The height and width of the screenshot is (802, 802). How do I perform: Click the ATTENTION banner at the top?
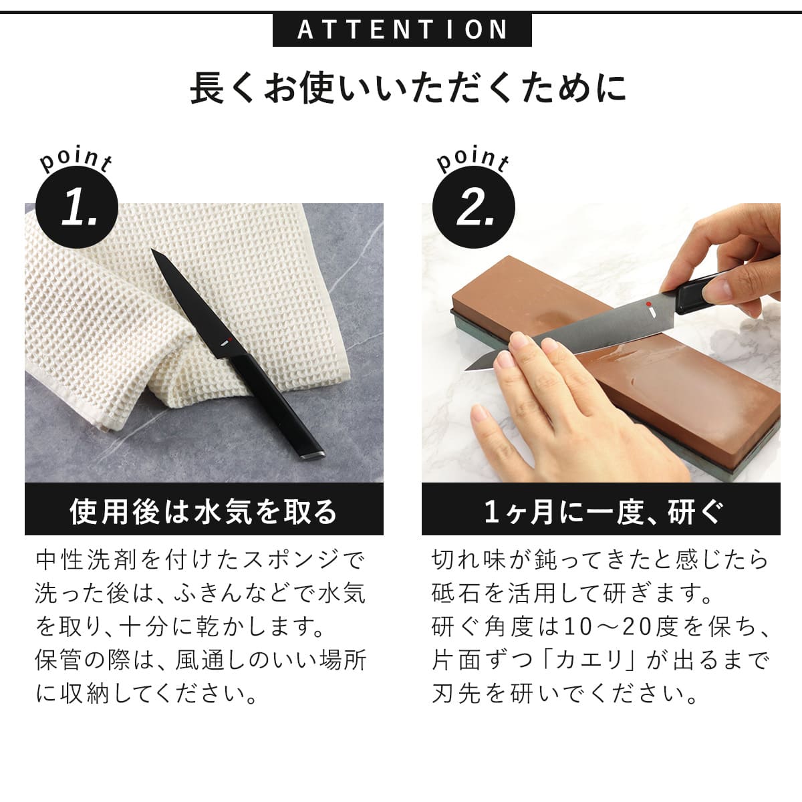click(402, 30)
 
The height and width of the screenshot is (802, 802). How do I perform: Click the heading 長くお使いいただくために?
click(408, 88)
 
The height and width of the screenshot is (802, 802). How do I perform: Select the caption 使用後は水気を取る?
click(204, 511)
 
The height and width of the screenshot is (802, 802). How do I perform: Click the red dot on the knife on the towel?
click(226, 342)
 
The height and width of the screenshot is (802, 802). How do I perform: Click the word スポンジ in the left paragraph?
click(289, 559)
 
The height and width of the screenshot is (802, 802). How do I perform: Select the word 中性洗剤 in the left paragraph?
click(86, 559)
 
